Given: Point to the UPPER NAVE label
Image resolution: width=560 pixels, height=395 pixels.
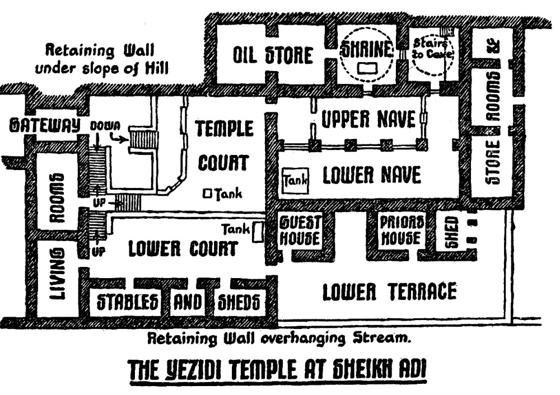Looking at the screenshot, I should (x=368, y=119).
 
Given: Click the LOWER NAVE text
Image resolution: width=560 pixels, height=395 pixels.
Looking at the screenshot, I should (x=371, y=176).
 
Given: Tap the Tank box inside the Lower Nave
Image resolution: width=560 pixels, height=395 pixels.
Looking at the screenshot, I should (x=294, y=180).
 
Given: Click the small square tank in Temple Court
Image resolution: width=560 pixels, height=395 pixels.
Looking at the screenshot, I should (x=207, y=194).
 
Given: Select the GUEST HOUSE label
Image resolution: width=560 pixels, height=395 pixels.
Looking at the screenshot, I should (x=300, y=231).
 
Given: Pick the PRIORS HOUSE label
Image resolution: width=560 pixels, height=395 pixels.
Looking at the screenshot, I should (x=400, y=231).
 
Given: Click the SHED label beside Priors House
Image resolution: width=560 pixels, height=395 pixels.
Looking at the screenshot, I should (x=451, y=232).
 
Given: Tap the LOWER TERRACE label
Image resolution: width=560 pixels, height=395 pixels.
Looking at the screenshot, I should (x=389, y=291).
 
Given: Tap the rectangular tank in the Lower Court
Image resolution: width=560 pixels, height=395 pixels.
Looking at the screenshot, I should (x=258, y=232).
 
